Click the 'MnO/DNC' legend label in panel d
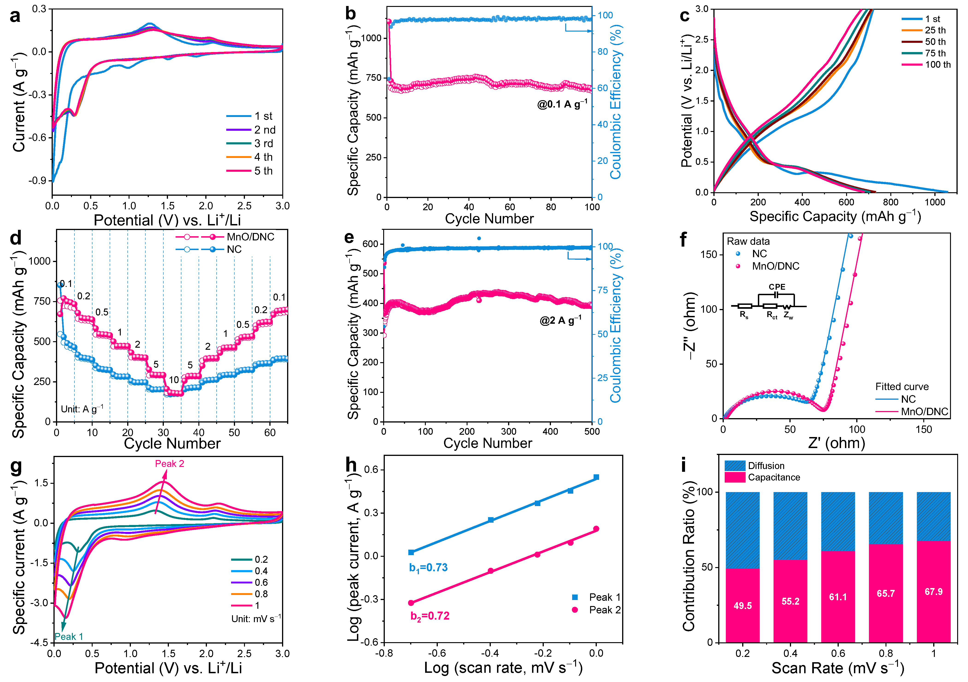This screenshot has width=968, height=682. [250, 237]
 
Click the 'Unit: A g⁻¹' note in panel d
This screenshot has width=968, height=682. [82, 409]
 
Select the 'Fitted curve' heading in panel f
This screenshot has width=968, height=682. [902, 387]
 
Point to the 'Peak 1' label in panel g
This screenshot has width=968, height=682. [69, 636]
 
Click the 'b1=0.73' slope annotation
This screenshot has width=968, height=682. [428, 568]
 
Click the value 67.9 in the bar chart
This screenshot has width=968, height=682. [933, 592]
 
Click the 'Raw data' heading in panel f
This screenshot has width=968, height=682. [748, 241]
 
